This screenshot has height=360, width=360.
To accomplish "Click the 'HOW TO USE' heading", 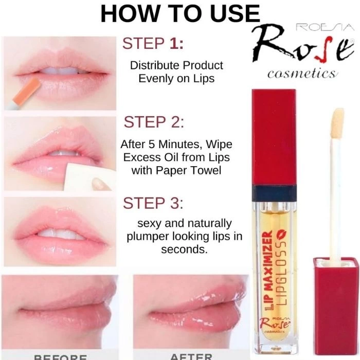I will coord(180,14).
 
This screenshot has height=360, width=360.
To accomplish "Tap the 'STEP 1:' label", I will coord(153,44).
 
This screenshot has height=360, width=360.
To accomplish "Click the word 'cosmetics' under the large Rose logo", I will coord(302,74).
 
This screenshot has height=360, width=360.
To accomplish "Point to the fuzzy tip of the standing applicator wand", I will coord(337,120).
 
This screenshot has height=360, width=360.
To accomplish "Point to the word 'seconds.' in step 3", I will coord(184,250).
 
